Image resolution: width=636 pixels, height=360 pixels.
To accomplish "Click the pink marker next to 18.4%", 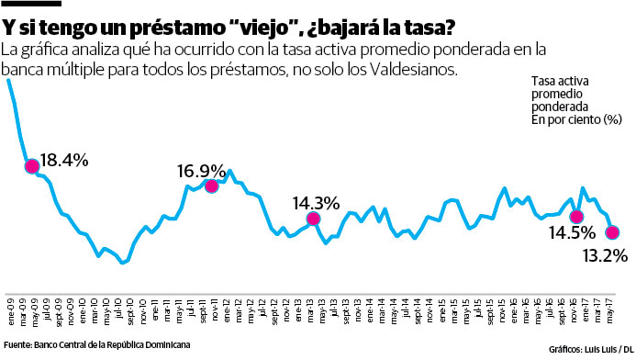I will [32, 166].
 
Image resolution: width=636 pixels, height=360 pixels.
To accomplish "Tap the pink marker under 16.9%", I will [211, 186].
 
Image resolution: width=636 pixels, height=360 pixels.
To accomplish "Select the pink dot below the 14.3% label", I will [313, 219].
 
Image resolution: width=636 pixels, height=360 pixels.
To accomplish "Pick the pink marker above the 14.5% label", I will [576, 217].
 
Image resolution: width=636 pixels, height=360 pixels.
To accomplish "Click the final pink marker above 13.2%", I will [612, 232].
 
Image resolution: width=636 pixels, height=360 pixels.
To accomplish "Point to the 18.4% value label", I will [65, 161].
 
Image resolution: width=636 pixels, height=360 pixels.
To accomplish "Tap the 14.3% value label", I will [317, 203].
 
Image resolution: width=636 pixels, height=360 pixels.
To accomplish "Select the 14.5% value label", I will [570, 233].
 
